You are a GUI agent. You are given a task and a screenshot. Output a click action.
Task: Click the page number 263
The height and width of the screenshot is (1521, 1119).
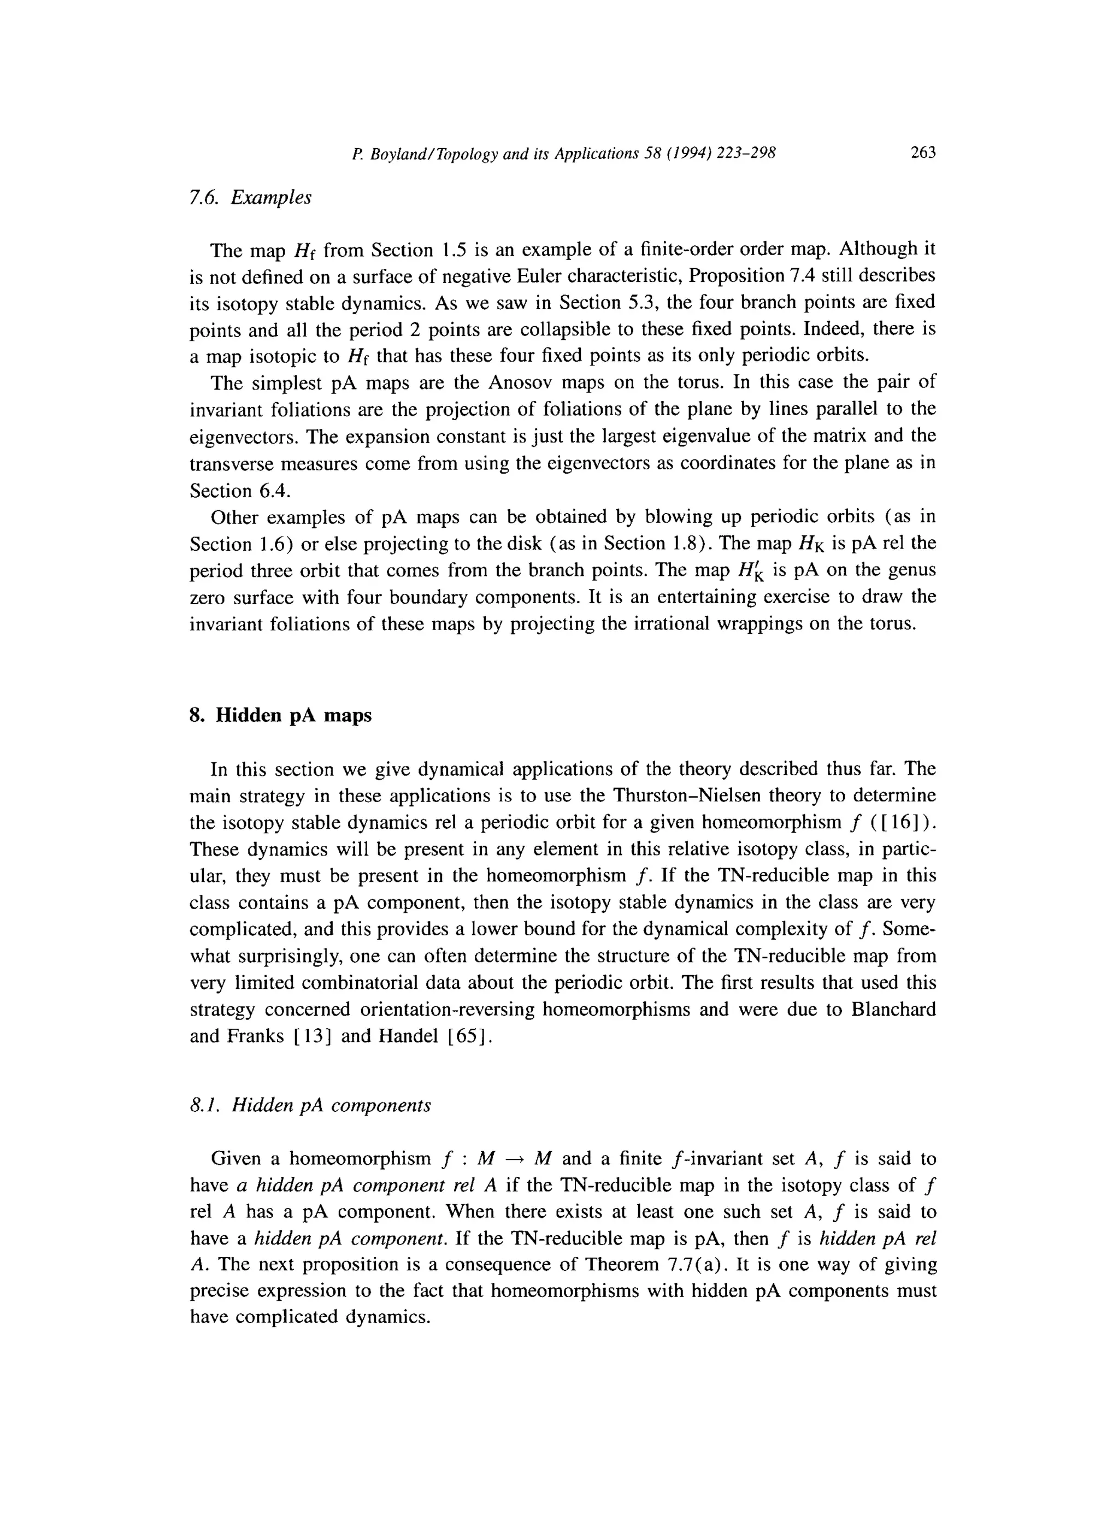pos(922,153)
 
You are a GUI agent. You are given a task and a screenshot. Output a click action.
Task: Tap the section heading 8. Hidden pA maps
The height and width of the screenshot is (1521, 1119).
pos(280,715)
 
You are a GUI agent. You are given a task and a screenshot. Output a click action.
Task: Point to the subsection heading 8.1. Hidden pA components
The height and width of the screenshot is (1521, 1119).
pos(310,1105)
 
